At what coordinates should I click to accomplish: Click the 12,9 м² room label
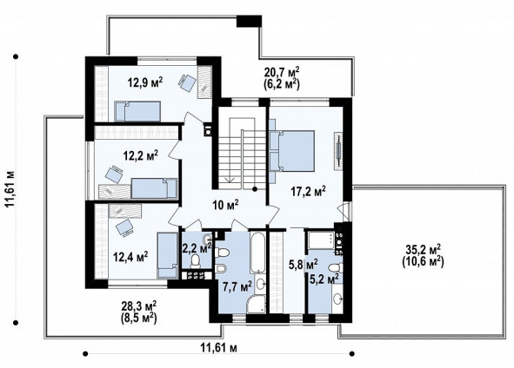pos(145,82)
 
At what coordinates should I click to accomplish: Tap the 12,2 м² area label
pos(141,154)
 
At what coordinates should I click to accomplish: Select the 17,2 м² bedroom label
pos(309,191)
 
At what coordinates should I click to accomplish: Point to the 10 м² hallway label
pos(225,205)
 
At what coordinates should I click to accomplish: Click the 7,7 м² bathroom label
pos(237,287)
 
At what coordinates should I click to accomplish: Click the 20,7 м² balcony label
pos(282,78)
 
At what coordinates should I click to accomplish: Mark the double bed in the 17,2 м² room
pos(291,151)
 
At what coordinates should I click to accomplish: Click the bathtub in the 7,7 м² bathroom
pos(257,253)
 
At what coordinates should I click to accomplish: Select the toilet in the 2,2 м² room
pos(196,261)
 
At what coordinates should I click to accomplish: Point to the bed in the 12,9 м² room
pos(137,111)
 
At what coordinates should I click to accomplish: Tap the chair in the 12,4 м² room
pos(125,227)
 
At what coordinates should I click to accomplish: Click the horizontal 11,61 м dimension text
pos(218,347)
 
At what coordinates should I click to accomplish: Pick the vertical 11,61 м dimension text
pos(10,189)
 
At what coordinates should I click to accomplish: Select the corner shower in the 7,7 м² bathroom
pos(257,304)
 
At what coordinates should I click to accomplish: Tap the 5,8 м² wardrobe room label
pos(303,264)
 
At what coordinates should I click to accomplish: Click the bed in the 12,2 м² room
pos(154,188)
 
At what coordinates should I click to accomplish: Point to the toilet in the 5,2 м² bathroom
pos(336,268)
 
